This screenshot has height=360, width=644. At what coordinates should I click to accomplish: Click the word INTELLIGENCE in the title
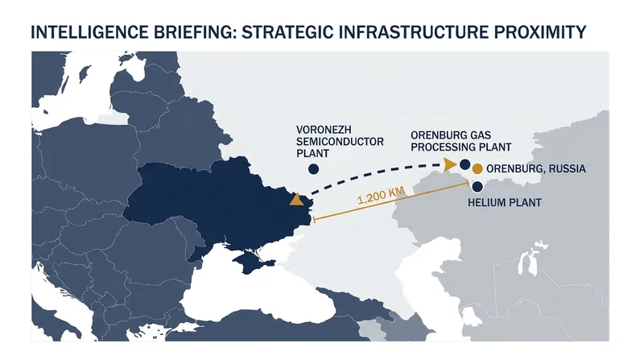[x=90, y=32]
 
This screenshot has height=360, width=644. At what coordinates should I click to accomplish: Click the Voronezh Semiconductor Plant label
[x=340, y=142]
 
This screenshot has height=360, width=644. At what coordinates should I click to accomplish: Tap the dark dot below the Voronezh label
[x=313, y=169]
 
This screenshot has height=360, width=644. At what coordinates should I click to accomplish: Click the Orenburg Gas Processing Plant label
[x=460, y=141]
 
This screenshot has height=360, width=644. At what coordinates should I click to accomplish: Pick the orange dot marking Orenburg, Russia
[x=477, y=169]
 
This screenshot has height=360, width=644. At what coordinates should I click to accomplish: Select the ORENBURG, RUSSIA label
[x=536, y=169]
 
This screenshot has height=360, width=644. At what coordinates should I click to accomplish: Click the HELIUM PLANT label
[x=505, y=203]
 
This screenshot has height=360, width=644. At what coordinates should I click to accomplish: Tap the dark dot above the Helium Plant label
[x=477, y=187]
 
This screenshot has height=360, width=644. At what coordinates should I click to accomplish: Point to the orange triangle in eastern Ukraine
[x=296, y=201]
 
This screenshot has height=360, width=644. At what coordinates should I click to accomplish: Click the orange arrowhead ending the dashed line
[x=450, y=164]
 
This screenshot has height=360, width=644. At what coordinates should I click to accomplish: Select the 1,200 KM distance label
[x=381, y=195]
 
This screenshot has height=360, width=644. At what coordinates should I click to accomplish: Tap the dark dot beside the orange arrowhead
[x=465, y=165]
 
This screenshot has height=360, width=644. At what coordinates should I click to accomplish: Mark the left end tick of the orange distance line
[x=314, y=220]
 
